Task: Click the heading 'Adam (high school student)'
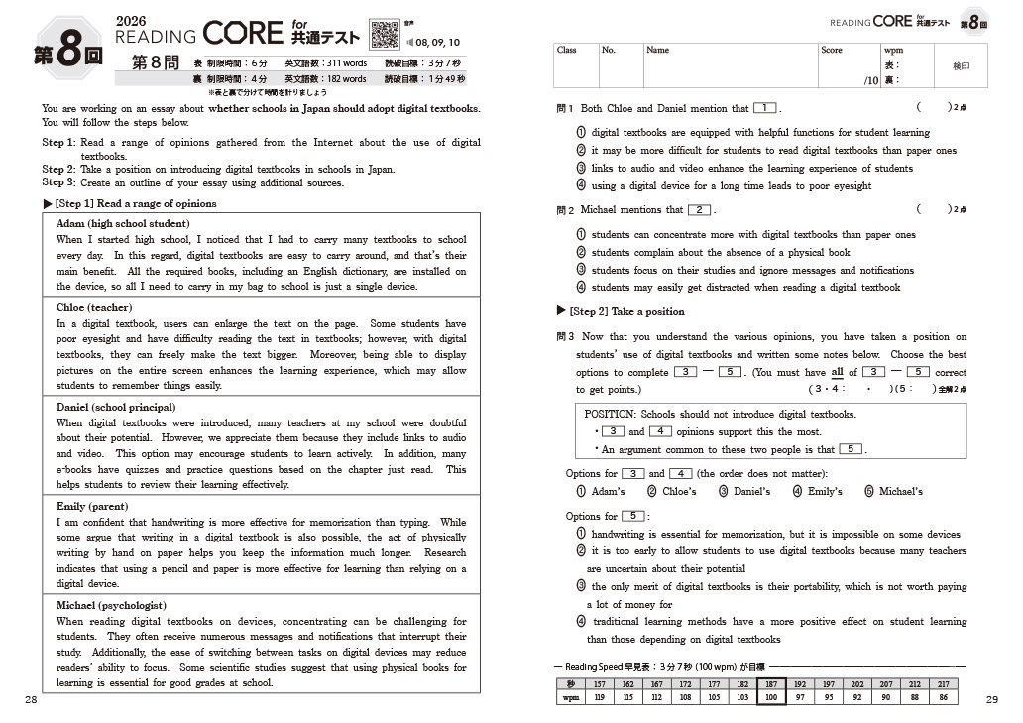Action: pyautogui.click(x=123, y=224)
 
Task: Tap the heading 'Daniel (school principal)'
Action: pyautogui.click(x=116, y=408)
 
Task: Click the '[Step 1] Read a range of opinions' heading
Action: pyautogui.click(x=136, y=204)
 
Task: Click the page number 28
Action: pyautogui.click(x=31, y=700)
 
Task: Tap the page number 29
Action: pyautogui.click(x=992, y=700)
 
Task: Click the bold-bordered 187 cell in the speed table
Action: pyautogui.click(x=770, y=684)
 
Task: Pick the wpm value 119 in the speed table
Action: pyautogui.click(x=599, y=698)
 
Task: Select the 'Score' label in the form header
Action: pyautogui.click(x=832, y=50)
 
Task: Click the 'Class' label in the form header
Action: pyautogui.click(x=567, y=50)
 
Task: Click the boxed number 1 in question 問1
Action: pyautogui.click(x=764, y=108)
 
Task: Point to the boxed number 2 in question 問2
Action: pyautogui.click(x=700, y=210)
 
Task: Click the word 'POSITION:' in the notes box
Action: pyautogui.click(x=611, y=415)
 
